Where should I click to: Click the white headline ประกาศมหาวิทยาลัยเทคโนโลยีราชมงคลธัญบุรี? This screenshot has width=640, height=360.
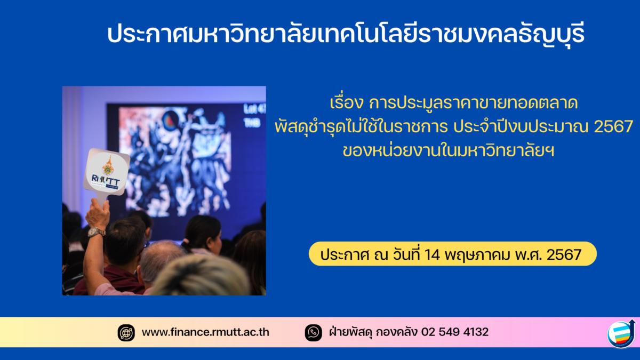346,34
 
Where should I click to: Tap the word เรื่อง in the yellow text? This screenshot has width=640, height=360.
346,102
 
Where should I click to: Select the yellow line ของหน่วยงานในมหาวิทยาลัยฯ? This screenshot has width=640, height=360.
449,151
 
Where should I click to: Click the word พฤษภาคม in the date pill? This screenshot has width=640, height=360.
477,255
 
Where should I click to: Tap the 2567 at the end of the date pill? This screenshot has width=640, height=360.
564,254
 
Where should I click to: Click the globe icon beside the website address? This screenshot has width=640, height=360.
126,333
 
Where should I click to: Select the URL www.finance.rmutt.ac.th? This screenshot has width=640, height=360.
205,332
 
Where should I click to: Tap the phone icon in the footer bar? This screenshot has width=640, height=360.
314,333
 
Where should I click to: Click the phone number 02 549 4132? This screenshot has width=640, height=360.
454,332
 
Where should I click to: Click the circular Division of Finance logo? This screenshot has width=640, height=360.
621,334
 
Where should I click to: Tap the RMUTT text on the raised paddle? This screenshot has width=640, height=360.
106,180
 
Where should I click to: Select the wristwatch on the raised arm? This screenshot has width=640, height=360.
96,232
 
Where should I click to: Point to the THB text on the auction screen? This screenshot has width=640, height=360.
252,123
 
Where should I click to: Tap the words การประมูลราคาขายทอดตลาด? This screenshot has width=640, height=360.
474,103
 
